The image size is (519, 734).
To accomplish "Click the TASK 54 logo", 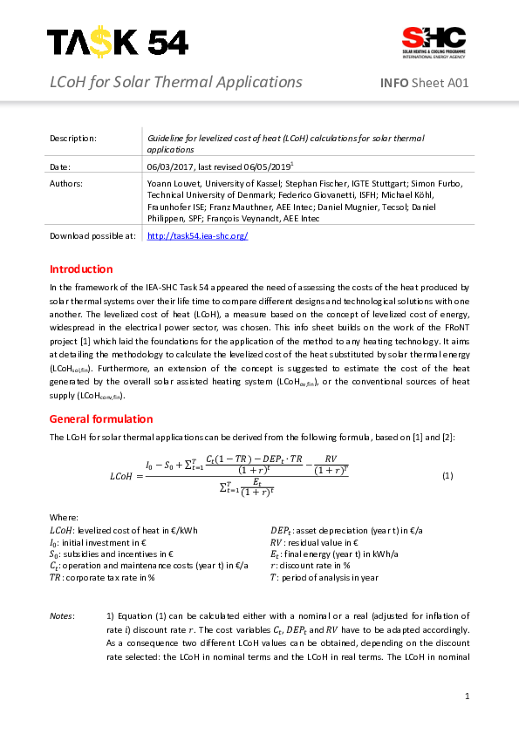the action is pos(117,41).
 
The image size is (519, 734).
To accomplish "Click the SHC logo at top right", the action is pos(433,40).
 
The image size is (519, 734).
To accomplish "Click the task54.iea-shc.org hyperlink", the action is pos(198,235).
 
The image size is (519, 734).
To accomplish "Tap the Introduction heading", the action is pos(81,268).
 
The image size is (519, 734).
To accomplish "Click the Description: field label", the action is pos(73,138).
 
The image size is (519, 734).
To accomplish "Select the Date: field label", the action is pos(60,166).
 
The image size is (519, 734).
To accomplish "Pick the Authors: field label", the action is pos(66,184).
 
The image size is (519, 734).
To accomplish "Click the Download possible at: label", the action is pos(92,235).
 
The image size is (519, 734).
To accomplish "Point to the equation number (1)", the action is pos(447,475).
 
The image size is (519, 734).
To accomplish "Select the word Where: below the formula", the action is pos(64,518).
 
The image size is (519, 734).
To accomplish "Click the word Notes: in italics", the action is pos(62,616).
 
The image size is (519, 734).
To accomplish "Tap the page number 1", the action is pos(468,696).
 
